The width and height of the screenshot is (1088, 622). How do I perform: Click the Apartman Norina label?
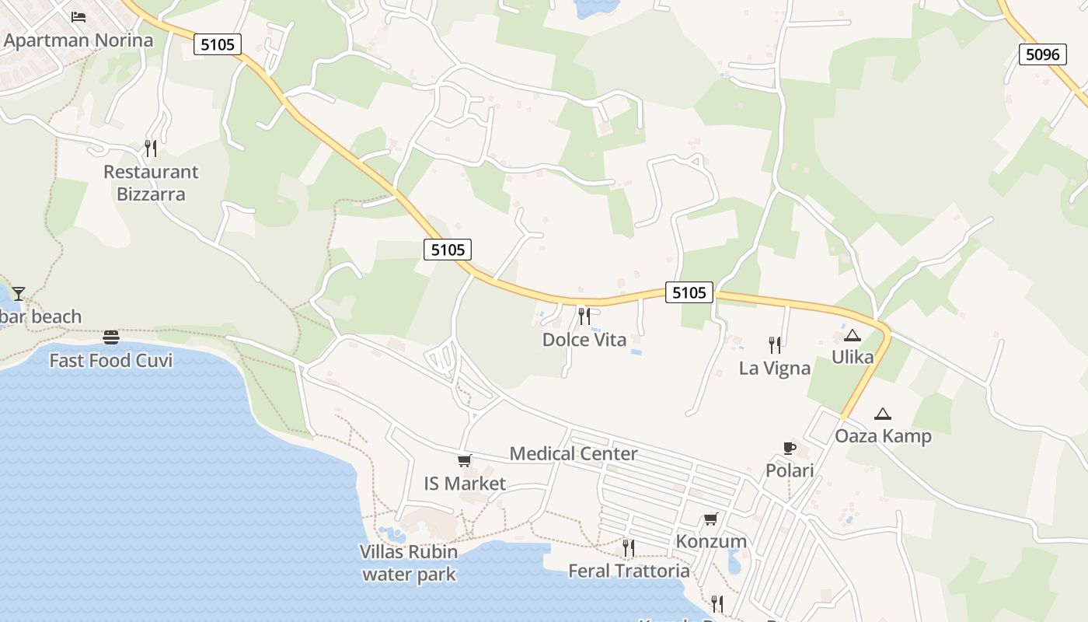tap(78, 40)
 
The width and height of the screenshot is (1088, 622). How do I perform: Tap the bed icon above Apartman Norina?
tap(78, 16)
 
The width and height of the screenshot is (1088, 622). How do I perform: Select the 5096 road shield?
tap(1042, 54)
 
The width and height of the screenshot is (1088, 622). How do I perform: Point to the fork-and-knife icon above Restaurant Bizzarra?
tap(151, 148)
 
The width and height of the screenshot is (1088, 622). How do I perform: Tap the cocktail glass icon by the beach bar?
tap(18, 293)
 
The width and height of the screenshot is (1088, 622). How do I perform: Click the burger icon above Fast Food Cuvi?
tap(111, 337)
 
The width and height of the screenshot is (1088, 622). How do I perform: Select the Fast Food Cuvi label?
tap(111, 361)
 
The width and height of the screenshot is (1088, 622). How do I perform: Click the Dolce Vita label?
tap(584, 340)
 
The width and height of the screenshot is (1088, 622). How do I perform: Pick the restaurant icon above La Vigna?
tap(774, 344)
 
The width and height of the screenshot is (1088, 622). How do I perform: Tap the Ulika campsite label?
tap(853, 358)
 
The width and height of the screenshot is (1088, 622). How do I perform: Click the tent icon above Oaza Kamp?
tap(882, 414)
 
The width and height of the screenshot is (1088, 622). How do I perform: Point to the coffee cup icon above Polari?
tap(790, 448)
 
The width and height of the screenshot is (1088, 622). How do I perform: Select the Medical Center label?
tap(574, 454)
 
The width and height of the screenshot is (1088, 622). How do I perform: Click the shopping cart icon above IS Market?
tap(464, 460)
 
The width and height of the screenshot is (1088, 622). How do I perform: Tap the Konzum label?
tap(711, 541)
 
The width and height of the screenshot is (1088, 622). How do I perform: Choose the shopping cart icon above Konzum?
tap(710, 519)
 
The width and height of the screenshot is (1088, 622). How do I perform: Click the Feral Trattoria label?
tap(629, 571)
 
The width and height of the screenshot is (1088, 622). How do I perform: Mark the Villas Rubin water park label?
tap(409, 563)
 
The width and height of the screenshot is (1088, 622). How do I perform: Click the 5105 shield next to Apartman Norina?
tap(218, 44)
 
